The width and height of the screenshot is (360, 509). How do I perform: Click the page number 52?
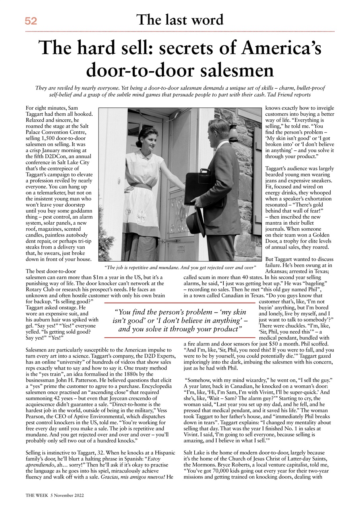tap(31, 21)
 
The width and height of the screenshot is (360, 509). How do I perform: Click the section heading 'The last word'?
tap(180, 20)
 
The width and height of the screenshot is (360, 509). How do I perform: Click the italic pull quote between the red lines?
tap(180, 321)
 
